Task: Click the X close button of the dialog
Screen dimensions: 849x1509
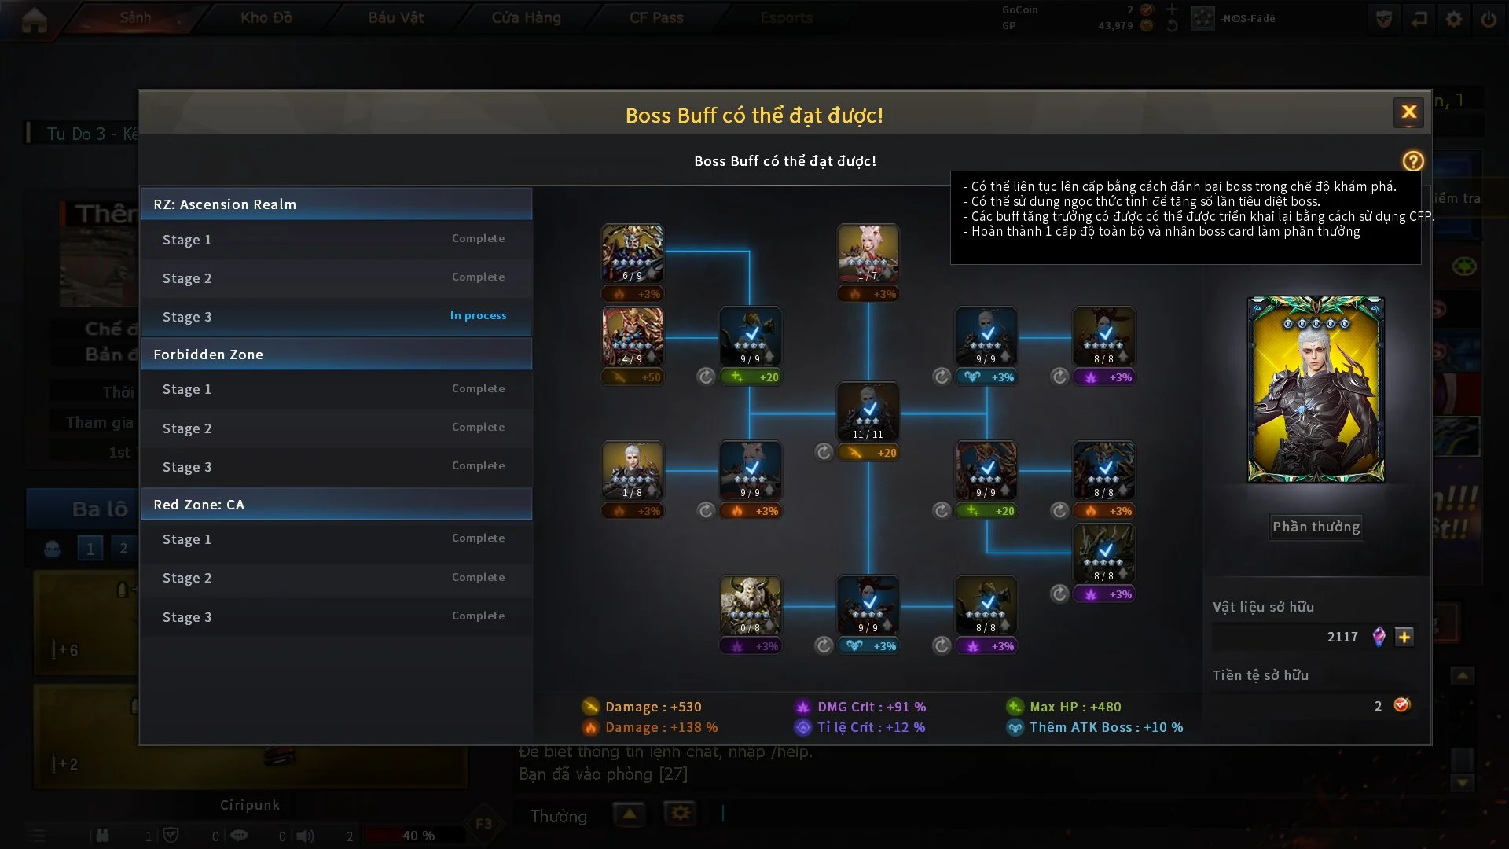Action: (1408, 112)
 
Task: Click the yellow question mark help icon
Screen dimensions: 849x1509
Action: (1412, 161)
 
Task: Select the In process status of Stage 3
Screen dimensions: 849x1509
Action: (478, 316)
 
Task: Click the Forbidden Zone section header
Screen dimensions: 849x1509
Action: (336, 355)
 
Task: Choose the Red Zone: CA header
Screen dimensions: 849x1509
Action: (336, 505)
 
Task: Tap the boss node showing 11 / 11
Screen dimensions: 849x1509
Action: (868, 412)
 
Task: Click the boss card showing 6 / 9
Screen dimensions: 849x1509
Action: (632, 254)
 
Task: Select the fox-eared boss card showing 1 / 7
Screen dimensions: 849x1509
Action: (868, 254)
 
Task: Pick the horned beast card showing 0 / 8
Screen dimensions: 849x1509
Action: (750, 605)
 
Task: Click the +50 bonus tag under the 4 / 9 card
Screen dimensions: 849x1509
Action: (632, 377)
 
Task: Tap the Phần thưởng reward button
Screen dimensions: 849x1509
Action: (1316, 527)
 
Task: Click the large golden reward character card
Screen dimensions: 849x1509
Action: (1316, 389)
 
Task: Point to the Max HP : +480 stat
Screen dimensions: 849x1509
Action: (1074, 707)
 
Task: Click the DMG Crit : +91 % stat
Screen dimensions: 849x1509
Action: (871, 707)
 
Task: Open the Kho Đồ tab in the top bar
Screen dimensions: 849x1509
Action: (266, 17)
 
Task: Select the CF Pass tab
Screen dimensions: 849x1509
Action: (656, 17)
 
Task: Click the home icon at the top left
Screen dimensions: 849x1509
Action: (34, 20)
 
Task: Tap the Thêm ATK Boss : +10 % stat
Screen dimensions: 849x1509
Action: (1105, 727)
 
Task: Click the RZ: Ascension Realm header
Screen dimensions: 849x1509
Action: (336, 204)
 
